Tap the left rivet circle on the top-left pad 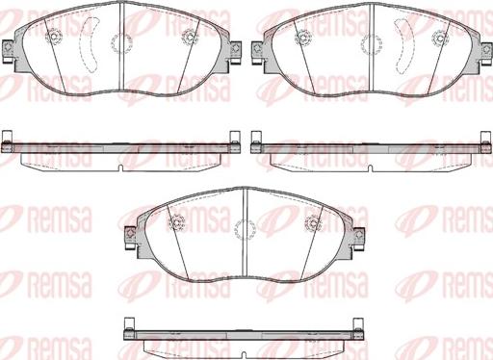54,37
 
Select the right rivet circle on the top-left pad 190,38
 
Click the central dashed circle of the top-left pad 122,42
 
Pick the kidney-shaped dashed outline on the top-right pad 404,45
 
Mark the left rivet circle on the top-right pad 302,37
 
